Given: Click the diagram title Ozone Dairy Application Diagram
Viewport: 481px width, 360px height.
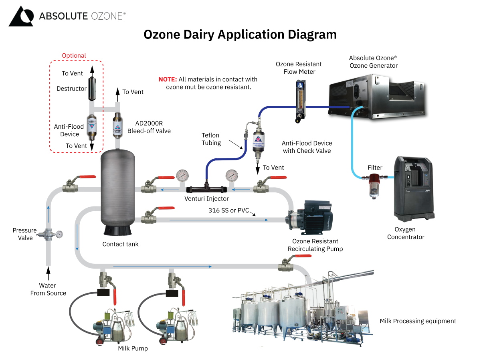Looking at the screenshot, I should pyautogui.click(x=240, y=34).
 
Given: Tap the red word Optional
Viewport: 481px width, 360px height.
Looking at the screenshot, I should pyautogui.click(x=74, y=56).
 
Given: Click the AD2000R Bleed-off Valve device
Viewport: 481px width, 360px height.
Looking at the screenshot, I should pyautogui.click(x=117, y=125).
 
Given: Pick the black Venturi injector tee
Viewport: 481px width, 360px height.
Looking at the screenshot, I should pyautogui.click(x=207, y=188).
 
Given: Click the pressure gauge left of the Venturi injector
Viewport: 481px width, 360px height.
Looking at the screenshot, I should pyautogui.click(x=183, y=176).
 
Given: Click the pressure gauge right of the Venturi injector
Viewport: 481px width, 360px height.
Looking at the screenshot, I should pyautogui.click(x=232, y=176).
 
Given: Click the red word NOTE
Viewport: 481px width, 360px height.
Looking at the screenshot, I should pyautogui.click(x=168, y=79).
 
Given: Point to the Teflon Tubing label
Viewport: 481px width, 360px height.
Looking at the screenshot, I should pyautogui.click(x=211, y=139).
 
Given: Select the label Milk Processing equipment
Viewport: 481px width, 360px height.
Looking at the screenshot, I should pyautogui.click(x=418, y=321).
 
